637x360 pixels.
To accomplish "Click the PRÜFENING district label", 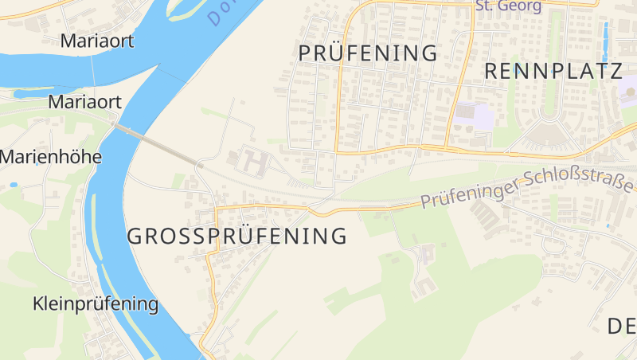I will pos(368,53).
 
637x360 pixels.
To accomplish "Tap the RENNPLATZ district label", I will pos(553,71).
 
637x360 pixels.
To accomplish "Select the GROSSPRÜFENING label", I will pos(237,237).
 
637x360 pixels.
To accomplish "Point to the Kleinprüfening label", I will pos(96,303).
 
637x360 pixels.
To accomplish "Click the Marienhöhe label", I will pos(50,157).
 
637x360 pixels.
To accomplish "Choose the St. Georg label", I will pos(508,6).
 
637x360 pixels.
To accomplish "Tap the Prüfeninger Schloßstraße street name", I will pos(527,189).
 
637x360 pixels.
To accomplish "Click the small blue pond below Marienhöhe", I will pos(14,185).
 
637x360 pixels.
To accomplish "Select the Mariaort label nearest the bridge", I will pos(84,102).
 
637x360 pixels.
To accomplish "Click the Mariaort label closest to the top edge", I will pos(96,41).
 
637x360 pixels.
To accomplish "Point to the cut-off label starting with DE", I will pos(621,326).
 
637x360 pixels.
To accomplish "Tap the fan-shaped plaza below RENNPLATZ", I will pos(549,134).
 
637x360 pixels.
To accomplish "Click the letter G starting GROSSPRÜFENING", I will pos(136,237).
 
